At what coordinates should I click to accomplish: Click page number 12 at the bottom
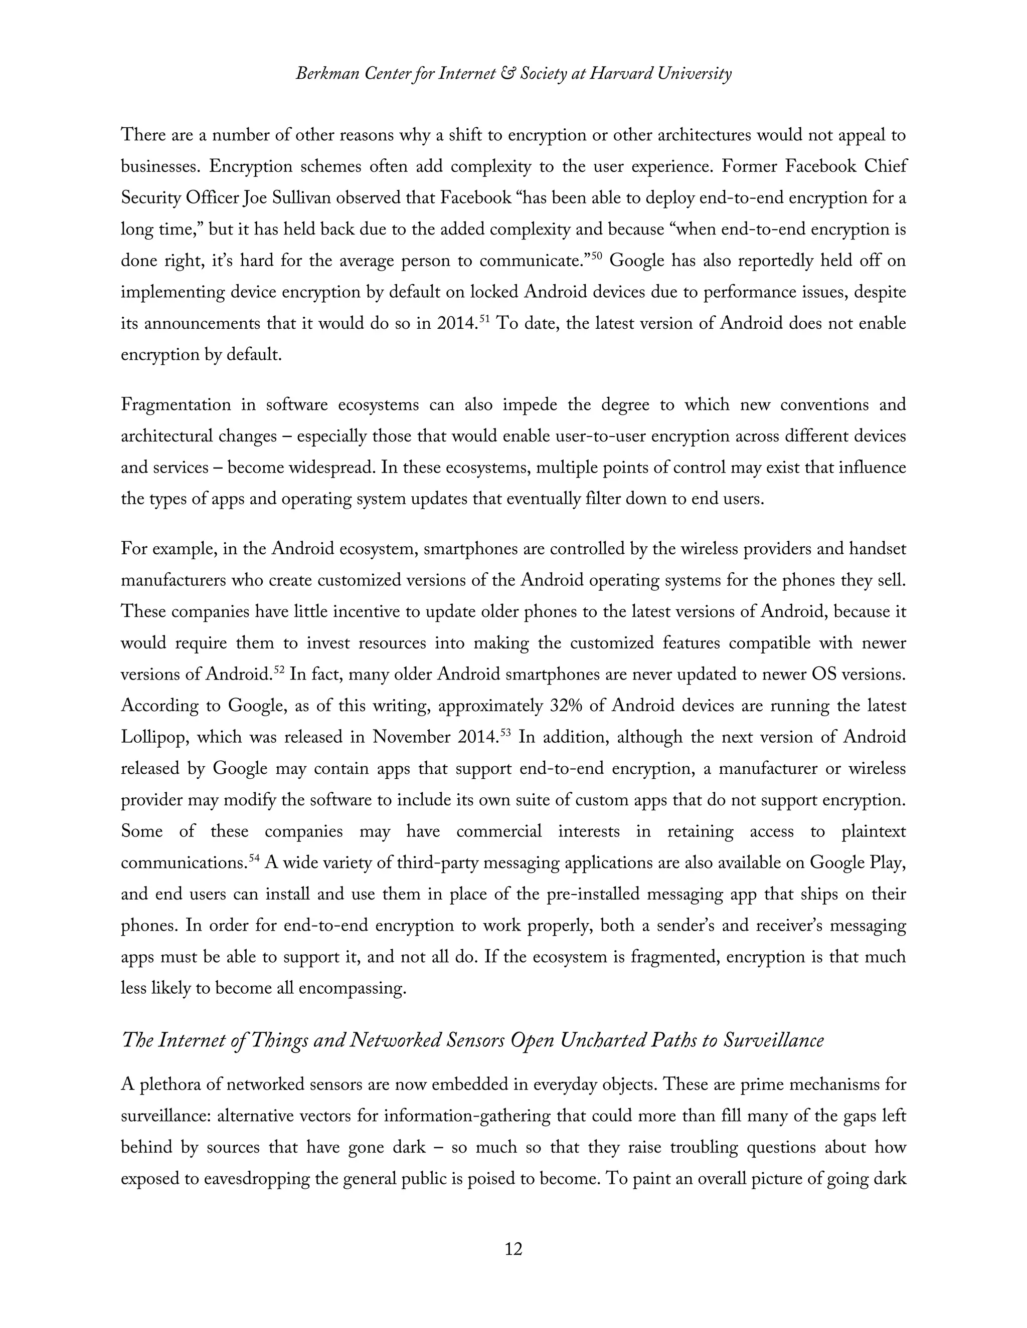click(x=513, y=1249)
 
